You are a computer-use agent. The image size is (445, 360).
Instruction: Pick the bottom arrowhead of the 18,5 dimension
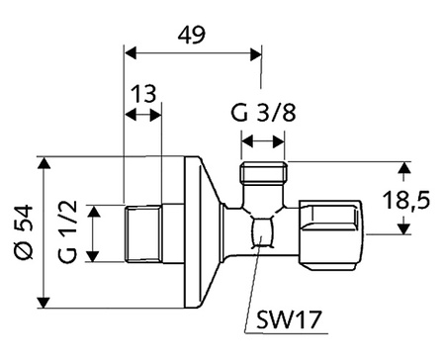(x=403, y=229)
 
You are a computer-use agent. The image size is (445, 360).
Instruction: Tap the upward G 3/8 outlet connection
(x=262, y=180)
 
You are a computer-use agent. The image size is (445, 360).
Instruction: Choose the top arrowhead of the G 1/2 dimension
(x=91, y=209)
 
